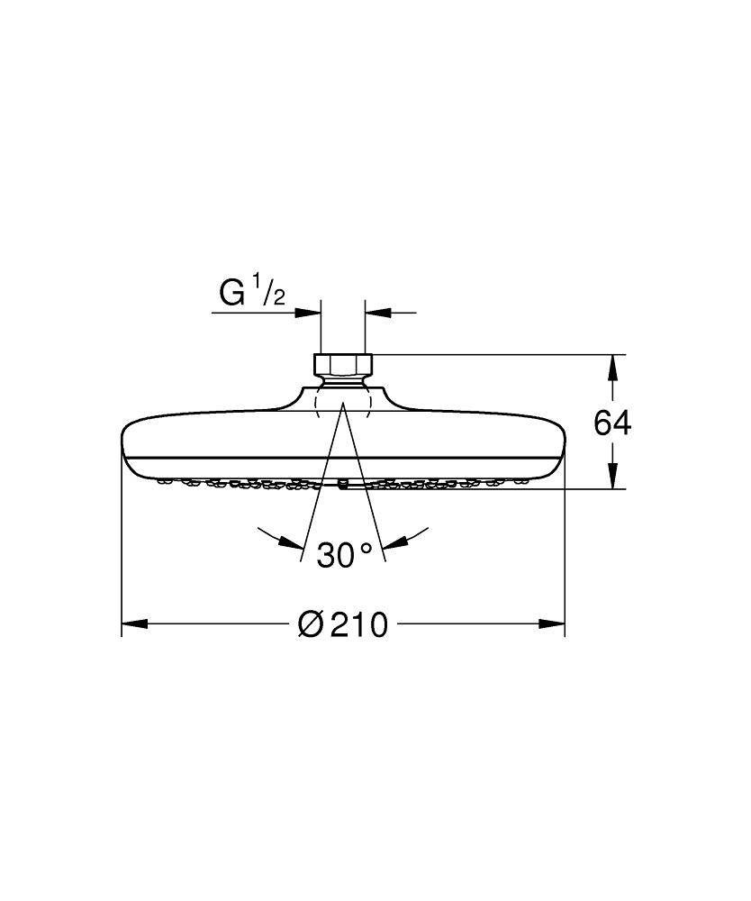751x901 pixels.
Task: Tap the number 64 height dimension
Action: click(x=612, y=423)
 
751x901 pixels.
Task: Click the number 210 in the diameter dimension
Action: click(x=358, y=623)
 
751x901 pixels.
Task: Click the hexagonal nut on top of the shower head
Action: click(x=343, y=365)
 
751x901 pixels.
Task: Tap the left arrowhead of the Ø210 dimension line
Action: click(x=134, y=623)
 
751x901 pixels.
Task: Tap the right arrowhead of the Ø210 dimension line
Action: click(x=552, y=623)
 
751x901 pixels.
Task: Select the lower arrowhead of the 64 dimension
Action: click(x=612, y=477)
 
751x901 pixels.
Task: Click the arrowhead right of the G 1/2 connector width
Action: click(x=377, y=313)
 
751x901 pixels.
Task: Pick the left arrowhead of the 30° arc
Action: click(x=289, y=542)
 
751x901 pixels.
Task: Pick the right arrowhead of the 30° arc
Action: click(x=396, y=542)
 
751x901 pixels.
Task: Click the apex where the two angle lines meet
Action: click(x=343, y=406)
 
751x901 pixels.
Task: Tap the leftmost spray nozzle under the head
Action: click(x=164, y=481)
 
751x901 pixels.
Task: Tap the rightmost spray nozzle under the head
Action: click(x=522, y=481)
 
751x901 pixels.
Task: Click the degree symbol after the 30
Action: click(x=366, y=548)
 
